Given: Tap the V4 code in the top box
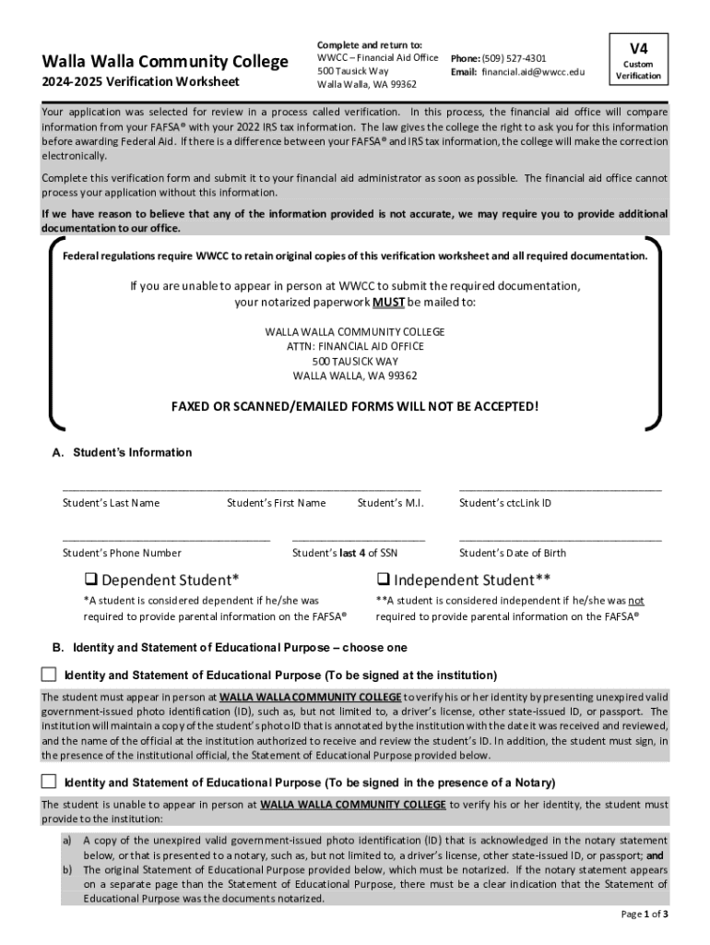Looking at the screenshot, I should (x=638, y=48).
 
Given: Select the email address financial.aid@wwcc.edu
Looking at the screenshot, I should (x=533, y=72).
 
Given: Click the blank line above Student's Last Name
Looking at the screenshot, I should (x=242, y=488).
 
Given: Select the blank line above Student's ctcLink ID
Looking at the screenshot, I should (x=560, y=488).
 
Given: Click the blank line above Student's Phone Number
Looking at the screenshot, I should (x=166, y=538).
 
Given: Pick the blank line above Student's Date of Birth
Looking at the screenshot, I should (x=560, y=538).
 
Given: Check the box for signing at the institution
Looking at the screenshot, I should (x=49, y=674).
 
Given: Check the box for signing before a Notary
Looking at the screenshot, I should (x=49, y=782).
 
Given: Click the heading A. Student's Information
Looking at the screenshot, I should (x=122, y=453).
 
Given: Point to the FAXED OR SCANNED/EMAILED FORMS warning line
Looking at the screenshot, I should (x=355, y=406).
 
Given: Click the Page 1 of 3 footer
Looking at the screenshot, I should (x=645, y=915).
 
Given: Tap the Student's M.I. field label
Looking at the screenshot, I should (x=390, y=503).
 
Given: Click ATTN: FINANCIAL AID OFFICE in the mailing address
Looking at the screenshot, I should (x=355, y=346).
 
